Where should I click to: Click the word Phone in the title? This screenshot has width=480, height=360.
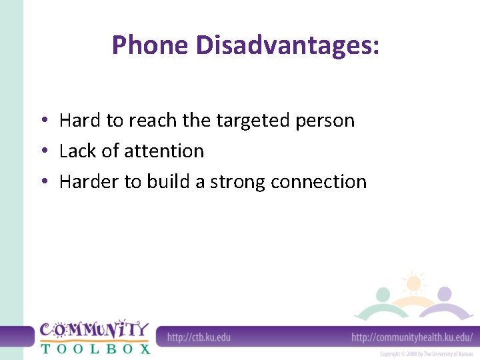click(151, 45)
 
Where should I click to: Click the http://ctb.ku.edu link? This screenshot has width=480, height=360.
click(199, 337)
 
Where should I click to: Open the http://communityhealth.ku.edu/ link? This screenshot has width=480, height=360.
click(411, 337)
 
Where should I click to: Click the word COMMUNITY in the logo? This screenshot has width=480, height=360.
click(94, 330)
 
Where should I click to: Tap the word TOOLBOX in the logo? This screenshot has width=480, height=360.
click(94, 348)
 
